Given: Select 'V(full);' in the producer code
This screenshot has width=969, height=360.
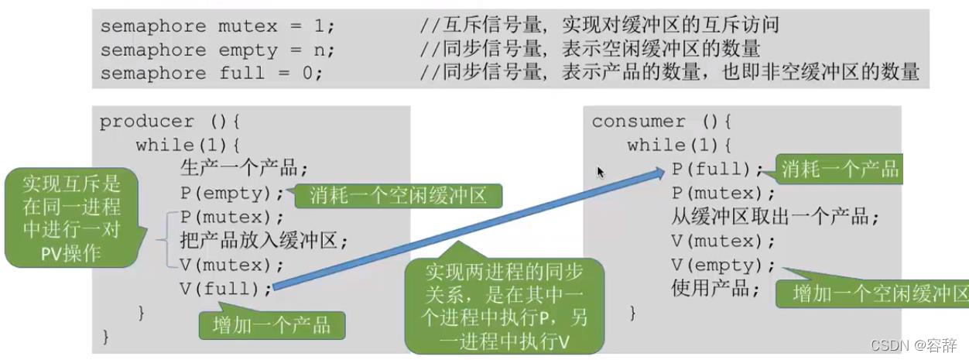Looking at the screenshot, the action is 226,289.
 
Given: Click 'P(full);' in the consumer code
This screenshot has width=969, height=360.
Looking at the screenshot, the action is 717,169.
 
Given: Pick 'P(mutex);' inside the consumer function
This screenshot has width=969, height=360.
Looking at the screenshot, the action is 723,194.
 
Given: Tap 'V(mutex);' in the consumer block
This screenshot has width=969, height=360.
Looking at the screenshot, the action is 723,242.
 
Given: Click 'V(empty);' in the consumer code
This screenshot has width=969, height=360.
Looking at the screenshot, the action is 723,266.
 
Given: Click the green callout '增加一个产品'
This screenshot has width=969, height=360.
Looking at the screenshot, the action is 272,324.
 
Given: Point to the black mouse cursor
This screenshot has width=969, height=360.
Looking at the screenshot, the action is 600,172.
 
